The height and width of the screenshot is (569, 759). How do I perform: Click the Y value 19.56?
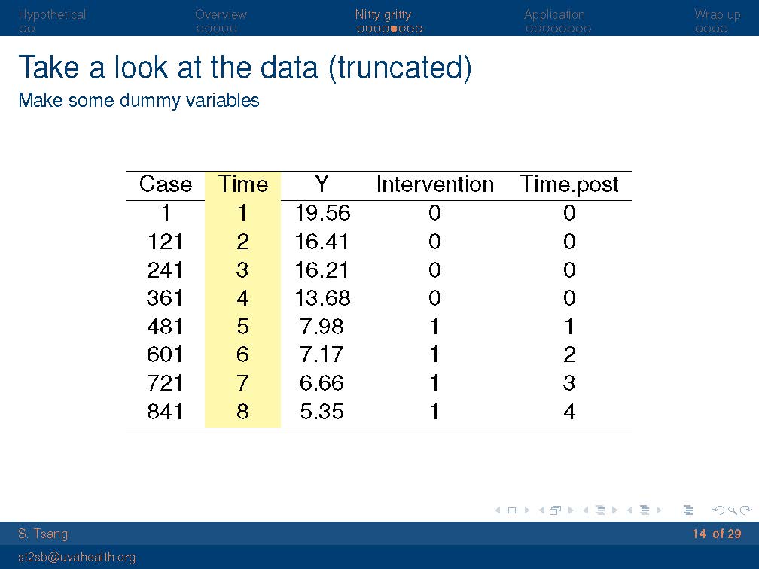[322, 213]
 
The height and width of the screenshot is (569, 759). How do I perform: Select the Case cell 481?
[165, 327]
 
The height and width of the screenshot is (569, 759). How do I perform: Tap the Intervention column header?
[434, 184]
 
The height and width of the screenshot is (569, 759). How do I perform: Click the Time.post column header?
[569, 185]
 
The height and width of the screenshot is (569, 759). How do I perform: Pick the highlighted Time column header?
[243, 184]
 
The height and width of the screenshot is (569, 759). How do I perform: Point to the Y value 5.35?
[322, 412]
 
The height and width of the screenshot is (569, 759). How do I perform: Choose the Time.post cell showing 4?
[569, 412]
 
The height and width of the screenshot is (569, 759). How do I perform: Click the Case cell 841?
[165, 412]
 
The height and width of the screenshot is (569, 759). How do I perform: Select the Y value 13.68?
[322, 298]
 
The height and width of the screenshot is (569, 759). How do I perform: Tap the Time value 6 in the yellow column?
[242, 355]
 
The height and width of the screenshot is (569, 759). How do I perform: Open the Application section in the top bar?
[554, 15]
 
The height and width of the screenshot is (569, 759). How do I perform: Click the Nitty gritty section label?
[383, 15]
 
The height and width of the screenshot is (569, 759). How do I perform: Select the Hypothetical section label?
[52, 15]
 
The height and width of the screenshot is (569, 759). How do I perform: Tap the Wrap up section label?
[718, 15]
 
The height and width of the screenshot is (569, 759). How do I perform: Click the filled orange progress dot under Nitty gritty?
[394, 29]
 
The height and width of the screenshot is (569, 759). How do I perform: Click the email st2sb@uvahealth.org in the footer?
[77, 558]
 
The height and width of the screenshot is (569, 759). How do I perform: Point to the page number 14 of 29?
[717, 534]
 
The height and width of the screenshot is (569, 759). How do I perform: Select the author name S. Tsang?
[43, 534]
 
